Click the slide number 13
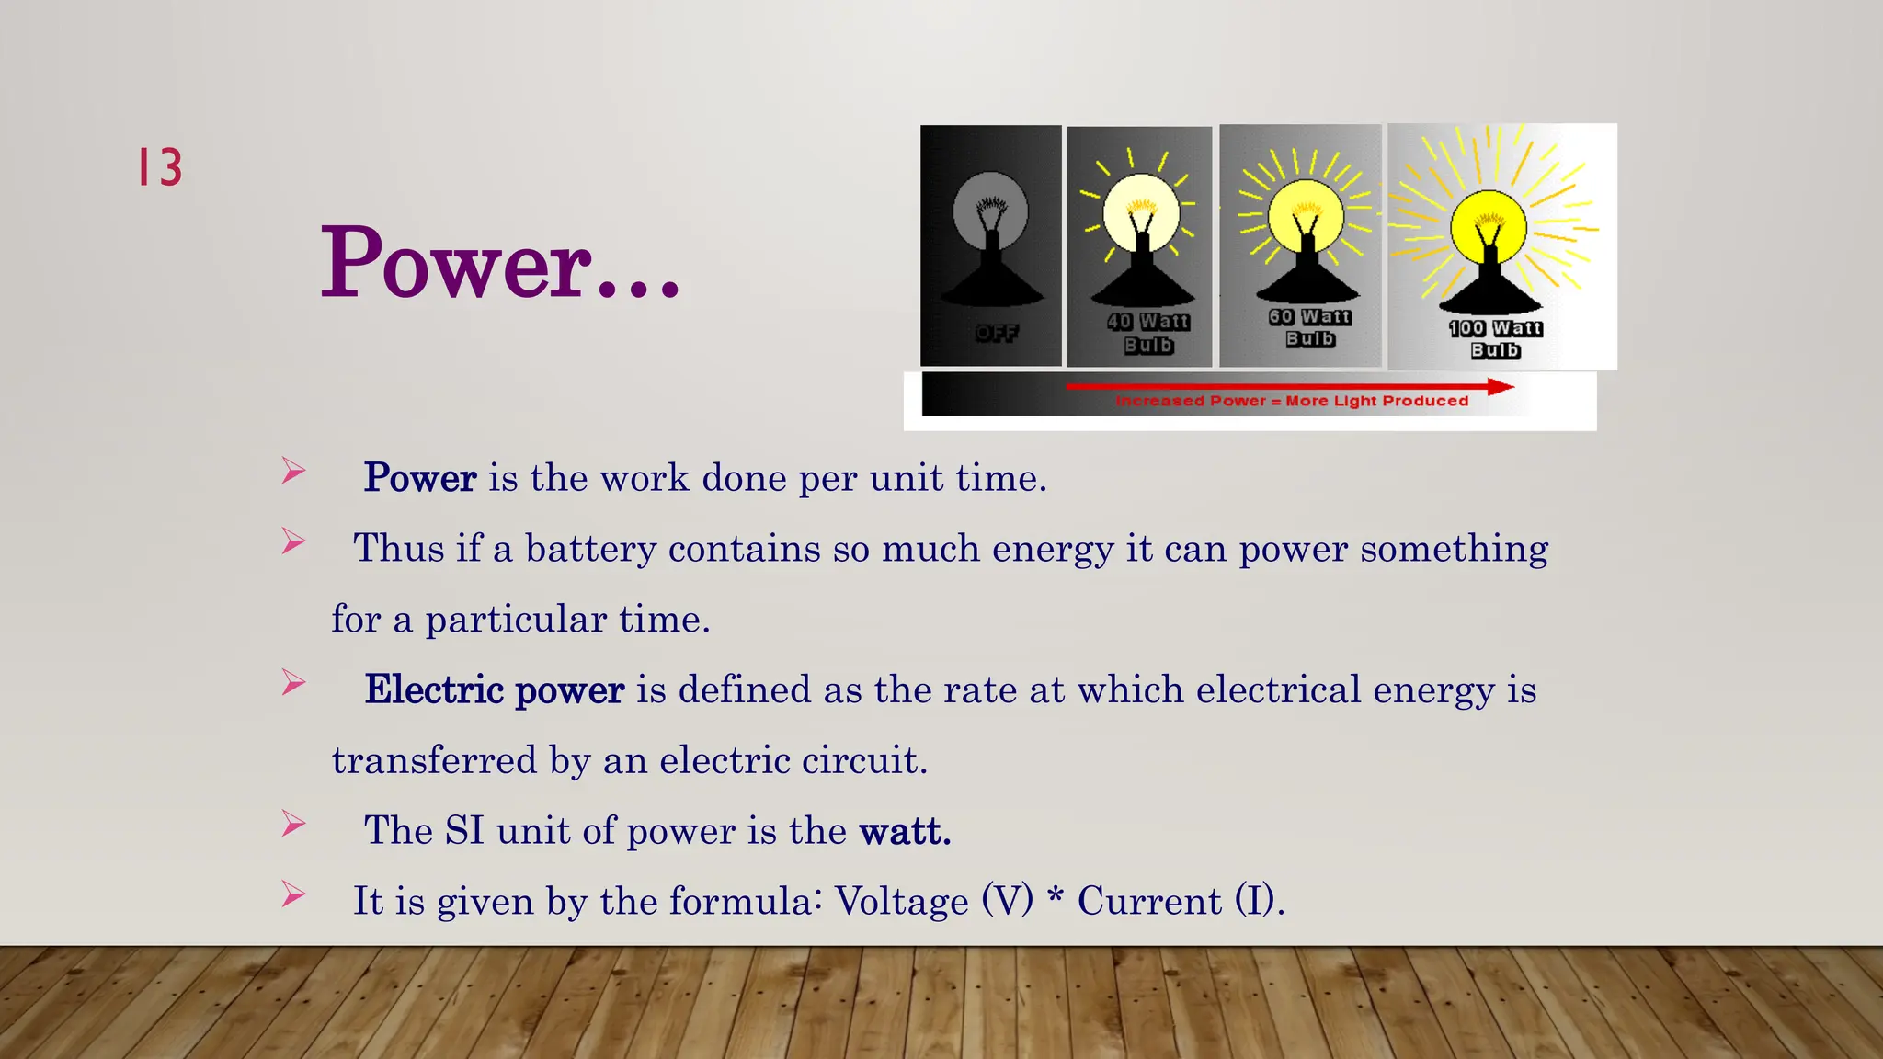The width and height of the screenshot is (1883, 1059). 160,167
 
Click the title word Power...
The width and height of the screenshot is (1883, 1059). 456,264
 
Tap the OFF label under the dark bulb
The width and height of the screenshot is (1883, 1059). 997,333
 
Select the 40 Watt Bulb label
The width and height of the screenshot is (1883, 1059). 1147,333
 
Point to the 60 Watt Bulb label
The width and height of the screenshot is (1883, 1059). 1310,327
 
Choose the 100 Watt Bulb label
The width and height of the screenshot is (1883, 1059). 1496,339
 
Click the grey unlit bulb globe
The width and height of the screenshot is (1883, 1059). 990,210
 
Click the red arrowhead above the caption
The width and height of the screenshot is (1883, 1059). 1500,387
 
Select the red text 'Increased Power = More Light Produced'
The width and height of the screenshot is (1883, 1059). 1292,402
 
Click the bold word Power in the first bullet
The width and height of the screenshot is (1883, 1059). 420,478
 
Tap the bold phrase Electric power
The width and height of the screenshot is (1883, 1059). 495,689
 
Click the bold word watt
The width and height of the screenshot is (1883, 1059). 905,831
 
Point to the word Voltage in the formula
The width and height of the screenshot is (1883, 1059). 901,901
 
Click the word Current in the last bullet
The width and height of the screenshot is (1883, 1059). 1149,901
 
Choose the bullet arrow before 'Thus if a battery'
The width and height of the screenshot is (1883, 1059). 293,541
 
